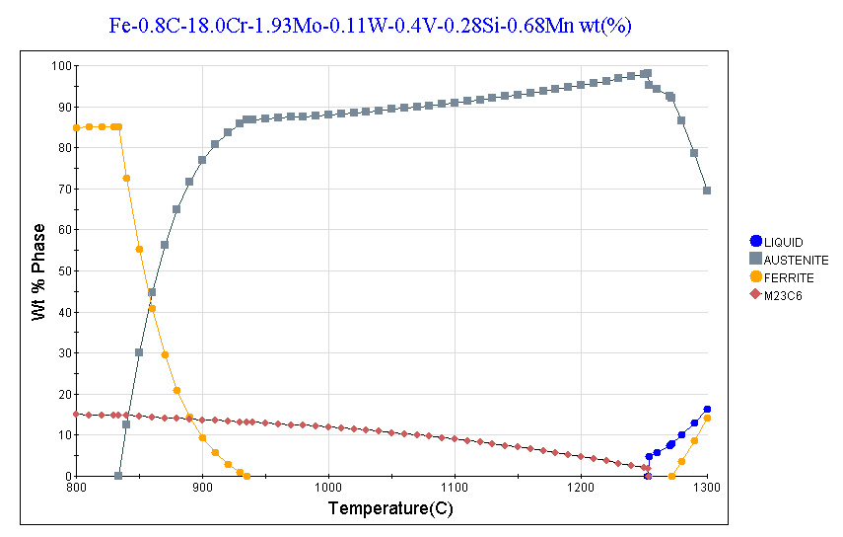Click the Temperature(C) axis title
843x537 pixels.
click(392, 510)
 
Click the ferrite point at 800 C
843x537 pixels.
click(76, 127)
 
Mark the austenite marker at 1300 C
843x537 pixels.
click(707, 191)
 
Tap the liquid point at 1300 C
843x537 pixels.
click(707, 409)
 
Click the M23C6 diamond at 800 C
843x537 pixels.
click(76, 414)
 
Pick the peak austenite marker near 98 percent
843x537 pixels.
click(647, 73)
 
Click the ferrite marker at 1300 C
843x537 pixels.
click(707, 418)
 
